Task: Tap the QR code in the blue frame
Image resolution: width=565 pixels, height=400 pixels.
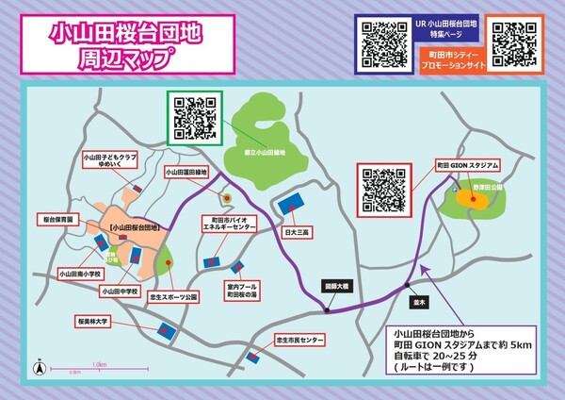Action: coord(383,40)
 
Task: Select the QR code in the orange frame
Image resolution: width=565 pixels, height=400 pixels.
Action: coord(513,40)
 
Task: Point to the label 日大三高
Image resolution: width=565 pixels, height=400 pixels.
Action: coord(298,229)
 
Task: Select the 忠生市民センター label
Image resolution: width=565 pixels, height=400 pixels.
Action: coord(299,339)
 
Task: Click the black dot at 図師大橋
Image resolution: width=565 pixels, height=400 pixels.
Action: coord(328,309)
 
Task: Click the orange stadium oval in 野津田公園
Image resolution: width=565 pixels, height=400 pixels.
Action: coord(467,199)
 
